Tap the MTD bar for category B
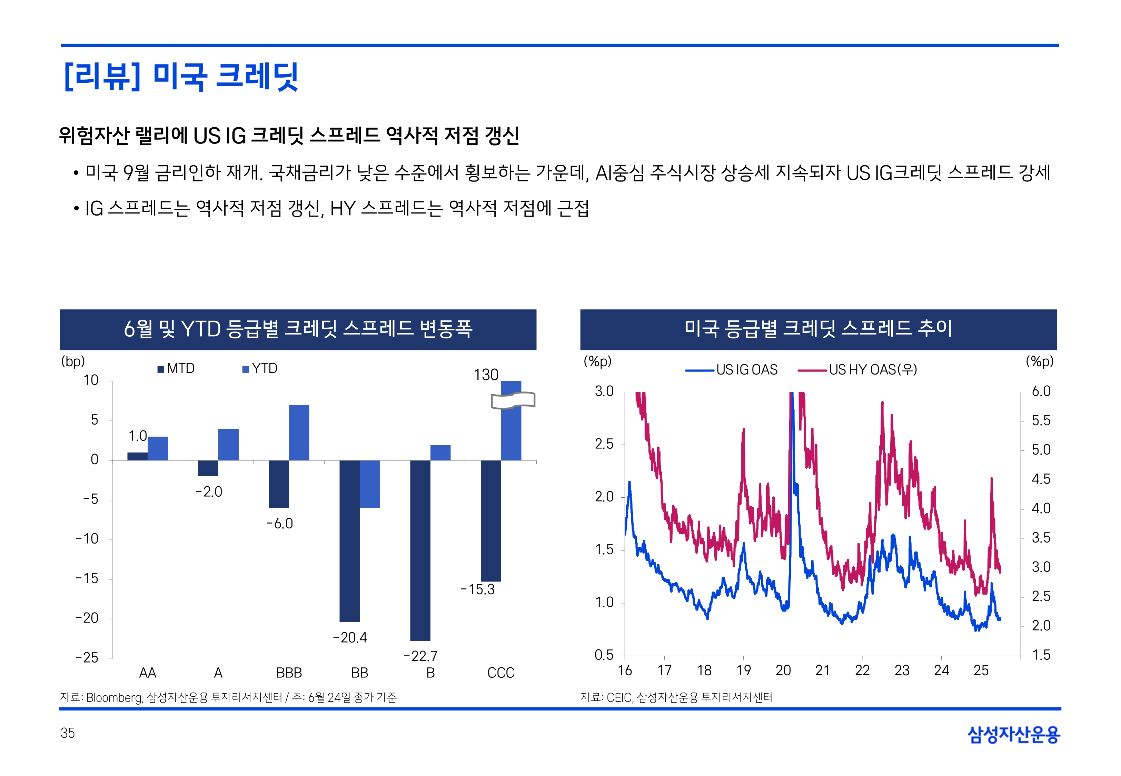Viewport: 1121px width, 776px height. (420, 550)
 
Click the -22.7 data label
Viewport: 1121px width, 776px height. (420, 656)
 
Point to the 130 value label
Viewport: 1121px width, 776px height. (486, 375)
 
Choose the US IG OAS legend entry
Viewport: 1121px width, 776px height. (732, 370)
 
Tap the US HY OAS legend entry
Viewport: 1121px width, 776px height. (858, 370)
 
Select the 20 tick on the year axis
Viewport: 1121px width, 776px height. (783, 671)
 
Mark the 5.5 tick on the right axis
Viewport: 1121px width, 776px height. (1041, 420)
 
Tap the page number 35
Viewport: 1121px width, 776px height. (68, 733)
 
